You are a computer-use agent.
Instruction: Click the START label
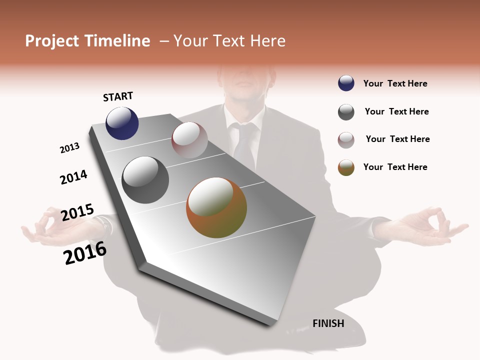(118, 96)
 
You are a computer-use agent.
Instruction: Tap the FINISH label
(328, 323)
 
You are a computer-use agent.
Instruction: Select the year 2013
(70, 148)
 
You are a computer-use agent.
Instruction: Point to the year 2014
(73, 177)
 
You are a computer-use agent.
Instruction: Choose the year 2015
(77, 212)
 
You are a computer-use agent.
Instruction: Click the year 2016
(85, 253)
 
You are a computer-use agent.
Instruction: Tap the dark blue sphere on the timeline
(122, 123)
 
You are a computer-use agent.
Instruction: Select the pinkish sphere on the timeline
(189, 140)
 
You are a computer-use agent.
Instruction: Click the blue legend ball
(346, 83)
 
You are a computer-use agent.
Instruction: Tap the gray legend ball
(346, 112)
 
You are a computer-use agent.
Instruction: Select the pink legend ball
(346, 140)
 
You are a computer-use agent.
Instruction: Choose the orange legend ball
(346, 167)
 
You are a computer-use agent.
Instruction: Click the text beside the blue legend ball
(395, 83)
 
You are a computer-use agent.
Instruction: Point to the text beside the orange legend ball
(395, 167)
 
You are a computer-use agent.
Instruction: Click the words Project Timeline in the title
(87, 41)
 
